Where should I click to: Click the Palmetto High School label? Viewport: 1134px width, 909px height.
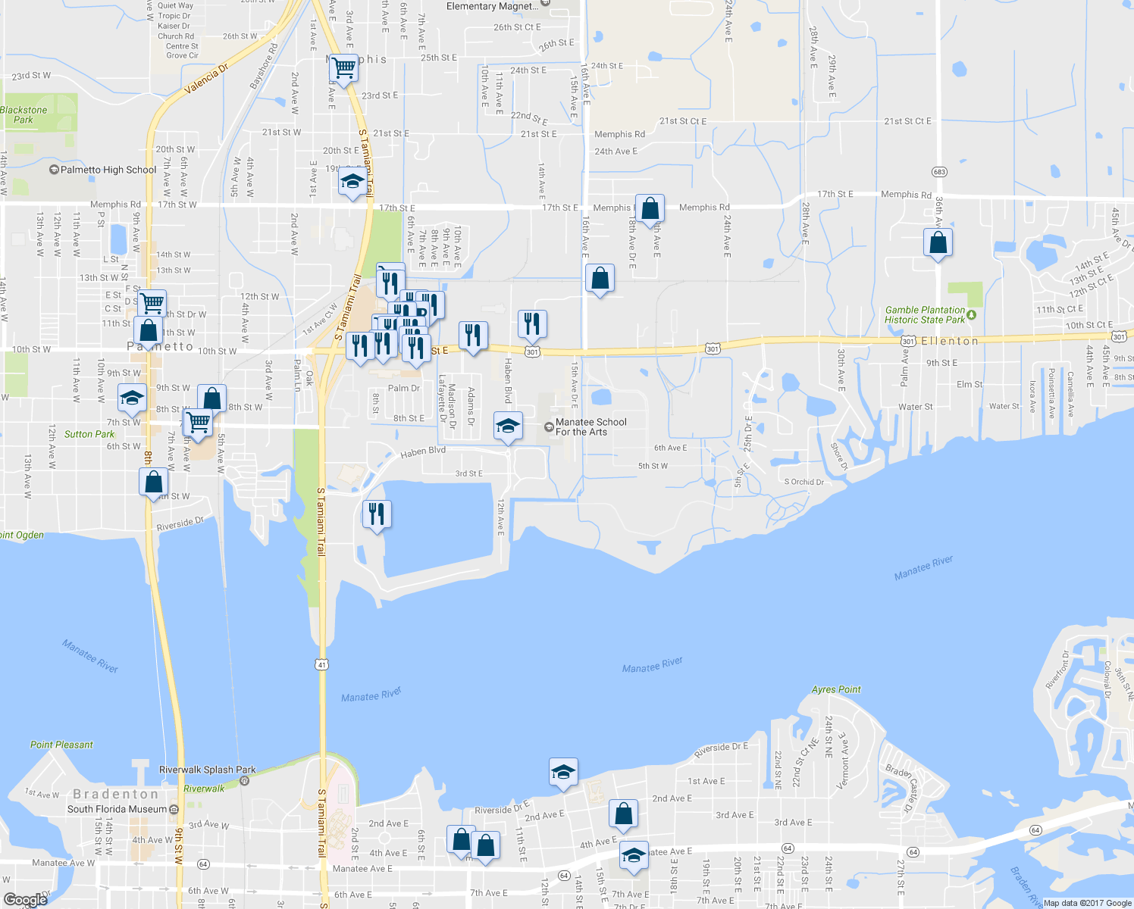[108, 170]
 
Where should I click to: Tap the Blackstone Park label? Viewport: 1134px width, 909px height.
[23, 115]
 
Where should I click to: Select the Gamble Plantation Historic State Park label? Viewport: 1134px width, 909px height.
[925, 315]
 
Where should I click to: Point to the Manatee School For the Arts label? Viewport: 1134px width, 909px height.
[590, 427]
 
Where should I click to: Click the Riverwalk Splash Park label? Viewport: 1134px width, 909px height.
[208, 770]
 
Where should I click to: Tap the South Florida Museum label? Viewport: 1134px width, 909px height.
[117, 809]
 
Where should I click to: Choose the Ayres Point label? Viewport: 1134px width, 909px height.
[836, 689]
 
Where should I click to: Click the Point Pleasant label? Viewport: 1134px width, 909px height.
[61, 745]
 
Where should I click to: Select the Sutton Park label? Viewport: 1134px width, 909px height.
[89, 434]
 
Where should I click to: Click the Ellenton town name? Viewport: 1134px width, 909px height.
[950, 342]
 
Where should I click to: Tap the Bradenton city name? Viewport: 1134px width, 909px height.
[116, 794]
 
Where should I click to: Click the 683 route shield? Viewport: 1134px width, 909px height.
[939, 172]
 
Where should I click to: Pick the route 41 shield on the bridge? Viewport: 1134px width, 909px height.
[322, 664]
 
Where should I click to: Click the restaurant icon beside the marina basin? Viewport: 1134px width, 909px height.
[376, 514]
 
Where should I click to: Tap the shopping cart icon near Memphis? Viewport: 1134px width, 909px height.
[344, 68]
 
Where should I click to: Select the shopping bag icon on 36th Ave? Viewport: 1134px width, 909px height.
[938, 242]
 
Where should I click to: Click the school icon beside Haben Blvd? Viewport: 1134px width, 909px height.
[508, 426]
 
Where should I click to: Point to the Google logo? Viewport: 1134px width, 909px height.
[26, 900]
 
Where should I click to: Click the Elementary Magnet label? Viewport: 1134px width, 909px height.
[493, 6]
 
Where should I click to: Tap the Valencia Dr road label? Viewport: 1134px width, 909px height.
[206, 80]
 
